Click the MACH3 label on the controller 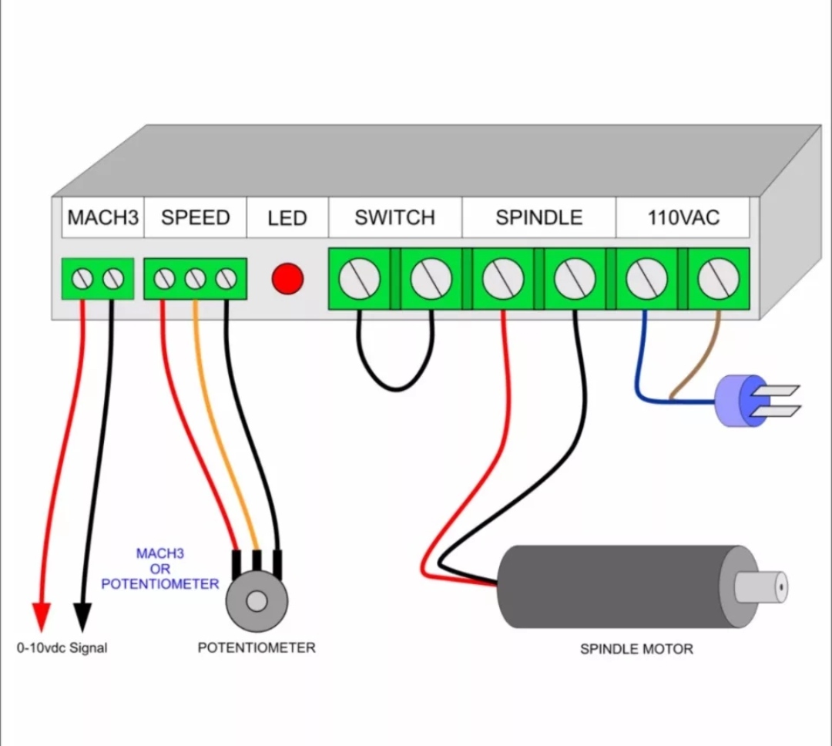tap(102, 218)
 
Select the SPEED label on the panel tap(195, 218)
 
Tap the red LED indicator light tap(287, 278)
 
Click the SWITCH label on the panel tap(394, 218)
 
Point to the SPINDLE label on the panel tap(538, 218)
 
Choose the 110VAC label tap(683, 218)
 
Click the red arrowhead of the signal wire tap(42, 617)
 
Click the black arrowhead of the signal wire tap(82, 617)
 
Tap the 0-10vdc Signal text tap(62, 648)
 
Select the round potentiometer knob tap(257, 601)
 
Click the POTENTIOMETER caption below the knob tap(257, 647)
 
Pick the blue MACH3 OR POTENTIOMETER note tap(160, 569)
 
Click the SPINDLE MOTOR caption tap(636, 649)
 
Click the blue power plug tap(736, 401)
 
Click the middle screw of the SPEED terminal tap(195, 278)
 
